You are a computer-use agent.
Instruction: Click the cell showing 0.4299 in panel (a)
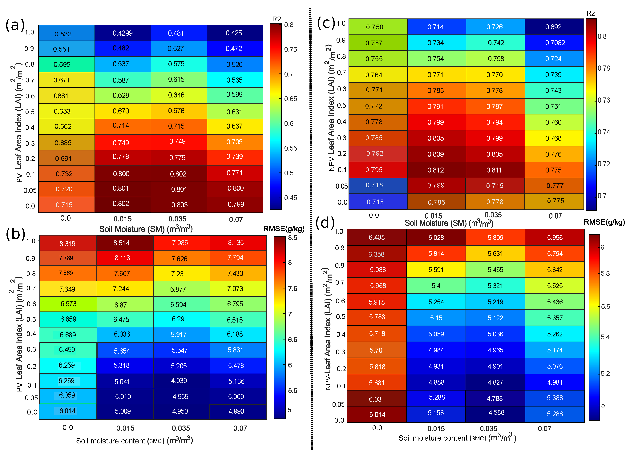coord(123,33)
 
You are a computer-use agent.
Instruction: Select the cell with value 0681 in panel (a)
coord(61,96)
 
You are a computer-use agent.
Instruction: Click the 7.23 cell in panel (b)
coord(177,274)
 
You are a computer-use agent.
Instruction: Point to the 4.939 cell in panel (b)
coord(179,381)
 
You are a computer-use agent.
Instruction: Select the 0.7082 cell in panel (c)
coord(555,43)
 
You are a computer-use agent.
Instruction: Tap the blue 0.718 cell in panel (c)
coord(374,185)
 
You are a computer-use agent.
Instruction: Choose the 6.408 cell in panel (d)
coord(377,237)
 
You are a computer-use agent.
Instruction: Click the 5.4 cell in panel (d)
coord(436,286)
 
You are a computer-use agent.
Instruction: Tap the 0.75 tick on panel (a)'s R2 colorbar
coord(290,49)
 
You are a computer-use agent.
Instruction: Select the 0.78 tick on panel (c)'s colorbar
coord(604,68)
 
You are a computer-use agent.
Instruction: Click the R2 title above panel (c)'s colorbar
coord(591,13)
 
